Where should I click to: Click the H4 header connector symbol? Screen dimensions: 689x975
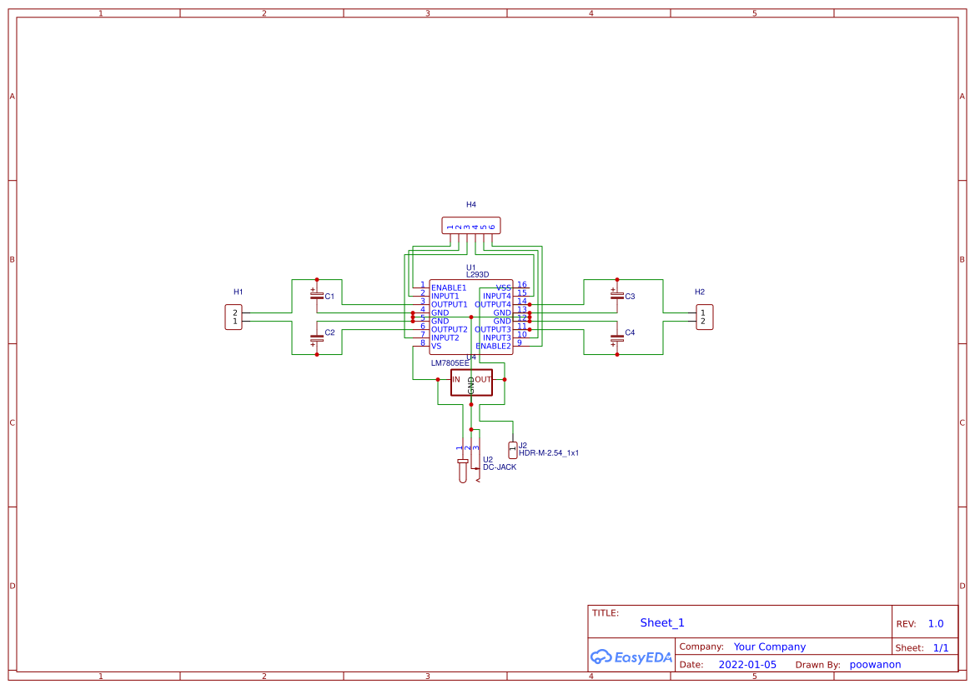pos(470,226)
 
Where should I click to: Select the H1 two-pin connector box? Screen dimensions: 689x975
pos(234,317)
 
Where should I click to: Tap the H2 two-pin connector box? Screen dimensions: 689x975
pos(704,317)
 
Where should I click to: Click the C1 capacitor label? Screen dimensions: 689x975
pos(329,297)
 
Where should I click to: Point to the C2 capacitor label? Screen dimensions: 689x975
pos(329,332)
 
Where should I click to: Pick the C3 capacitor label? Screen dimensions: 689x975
pos(630,297)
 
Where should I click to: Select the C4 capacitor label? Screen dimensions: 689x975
pos(630,332)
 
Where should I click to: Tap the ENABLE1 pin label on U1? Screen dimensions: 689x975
pos(449,288)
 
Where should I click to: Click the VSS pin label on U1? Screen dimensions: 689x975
pos(503,288)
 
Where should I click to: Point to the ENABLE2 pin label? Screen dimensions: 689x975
pos(493,347)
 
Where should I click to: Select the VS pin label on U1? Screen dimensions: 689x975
pos(436,347)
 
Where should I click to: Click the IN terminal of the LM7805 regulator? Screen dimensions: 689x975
pos(456,380)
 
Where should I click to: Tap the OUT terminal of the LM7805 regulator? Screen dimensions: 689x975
pos(484,380)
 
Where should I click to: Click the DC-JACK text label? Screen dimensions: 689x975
pos(499,467)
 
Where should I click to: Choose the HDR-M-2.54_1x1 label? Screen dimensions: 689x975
pos(548,453)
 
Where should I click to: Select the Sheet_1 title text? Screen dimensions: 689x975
pos(662,623)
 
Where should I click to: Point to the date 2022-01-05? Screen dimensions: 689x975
pos(747,665)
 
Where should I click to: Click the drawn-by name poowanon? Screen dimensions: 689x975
pos(875,665)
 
